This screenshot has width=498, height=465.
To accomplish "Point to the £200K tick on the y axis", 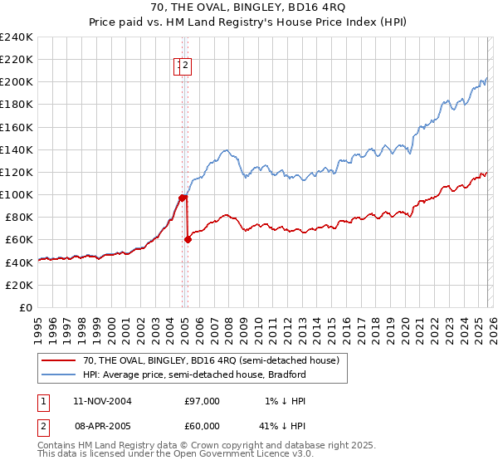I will tap(18, 82).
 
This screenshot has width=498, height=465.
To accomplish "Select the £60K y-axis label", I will tap(21, 239).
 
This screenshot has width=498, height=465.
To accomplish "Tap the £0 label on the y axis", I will tap(27, 307).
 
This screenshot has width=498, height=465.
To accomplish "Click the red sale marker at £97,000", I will tap(182, 198).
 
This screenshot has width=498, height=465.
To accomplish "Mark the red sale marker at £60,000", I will tap(188, 239).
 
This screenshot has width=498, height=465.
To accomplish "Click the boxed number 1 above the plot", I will tap(178, 66).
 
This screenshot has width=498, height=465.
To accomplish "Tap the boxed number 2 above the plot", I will tap(187, 66).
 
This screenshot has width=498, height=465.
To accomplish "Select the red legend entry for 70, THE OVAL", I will tap(211, 361).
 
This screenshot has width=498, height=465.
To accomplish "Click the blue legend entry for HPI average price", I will tap(194, 375).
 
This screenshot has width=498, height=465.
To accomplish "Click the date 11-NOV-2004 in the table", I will tap(102, 401).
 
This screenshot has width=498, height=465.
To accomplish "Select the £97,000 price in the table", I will tap(202, 401).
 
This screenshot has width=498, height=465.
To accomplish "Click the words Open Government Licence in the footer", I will tap(237, 454).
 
